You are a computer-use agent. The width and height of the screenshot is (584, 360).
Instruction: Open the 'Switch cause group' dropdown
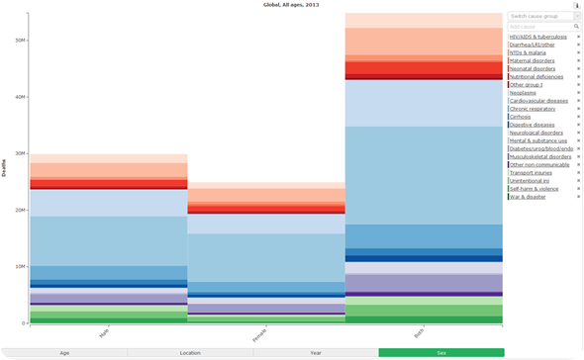(543, 17)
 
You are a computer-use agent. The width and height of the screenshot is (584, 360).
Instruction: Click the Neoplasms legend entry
(524, 92)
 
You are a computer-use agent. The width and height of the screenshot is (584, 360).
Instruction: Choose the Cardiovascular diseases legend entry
(538, 100)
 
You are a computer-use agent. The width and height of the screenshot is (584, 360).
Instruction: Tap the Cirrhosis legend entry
(522, 117)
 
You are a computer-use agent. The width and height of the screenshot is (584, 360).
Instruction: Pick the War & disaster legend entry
(528, 197)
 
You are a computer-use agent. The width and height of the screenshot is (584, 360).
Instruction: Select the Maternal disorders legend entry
(532, 60)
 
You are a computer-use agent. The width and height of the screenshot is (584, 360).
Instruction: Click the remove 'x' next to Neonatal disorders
(578, 68)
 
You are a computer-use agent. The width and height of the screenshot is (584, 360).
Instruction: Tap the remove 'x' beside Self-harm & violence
(578, 189)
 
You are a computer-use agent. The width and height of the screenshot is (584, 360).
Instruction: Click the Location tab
(190, 352)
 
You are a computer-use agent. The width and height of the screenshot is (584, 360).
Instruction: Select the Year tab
(315, 352)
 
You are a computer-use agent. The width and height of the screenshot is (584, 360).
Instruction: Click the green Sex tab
(440, 352)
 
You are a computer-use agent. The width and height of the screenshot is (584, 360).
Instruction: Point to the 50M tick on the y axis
(20, 41)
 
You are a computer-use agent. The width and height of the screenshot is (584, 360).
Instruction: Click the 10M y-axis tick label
(20, 267)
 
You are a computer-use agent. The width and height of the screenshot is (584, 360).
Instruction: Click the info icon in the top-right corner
(577, 6)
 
